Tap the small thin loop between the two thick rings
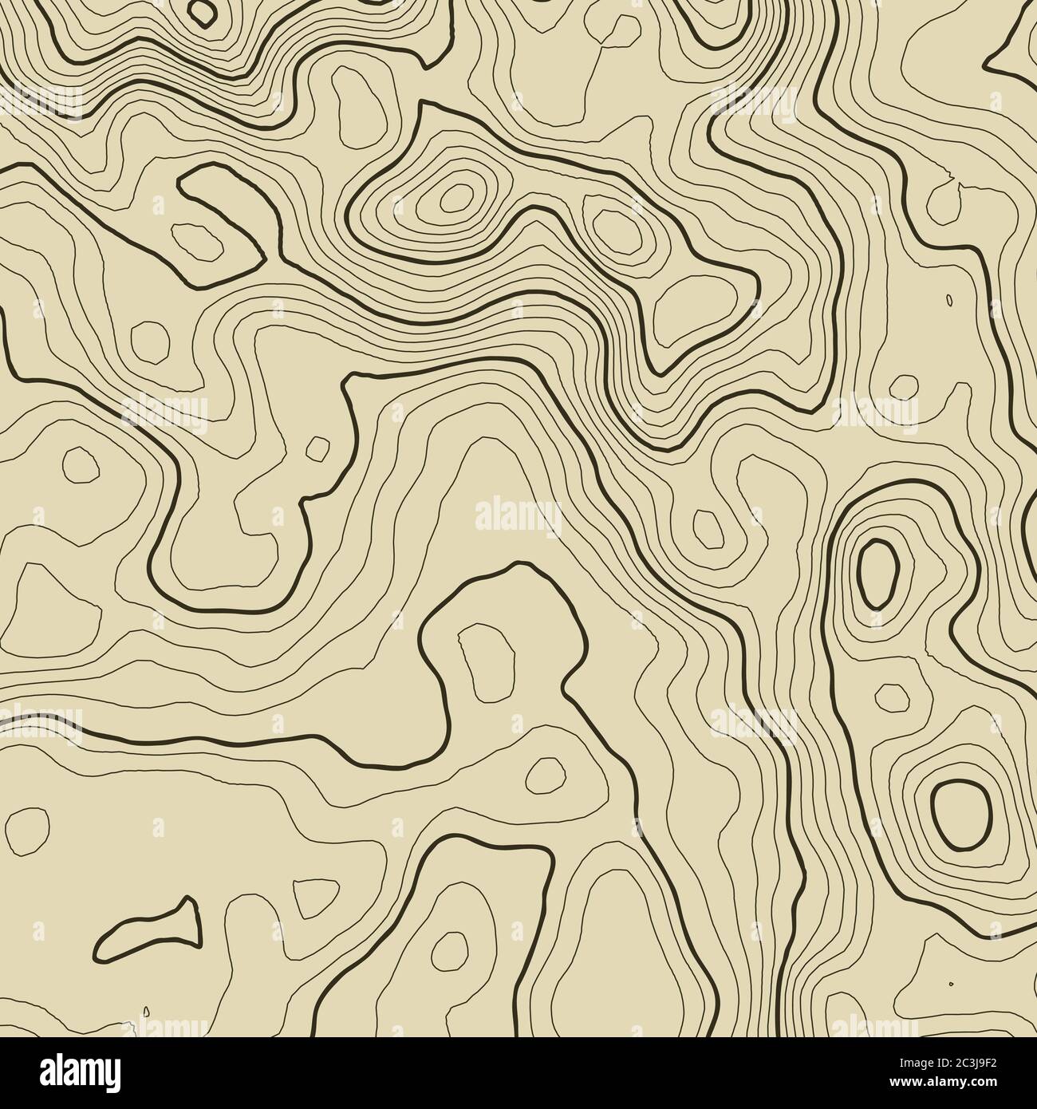(x=891, y=697)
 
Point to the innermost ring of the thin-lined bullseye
(x=455, y=195)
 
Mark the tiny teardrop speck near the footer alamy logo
(x=145, y=1012)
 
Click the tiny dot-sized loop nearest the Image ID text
(x=950, y=983)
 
